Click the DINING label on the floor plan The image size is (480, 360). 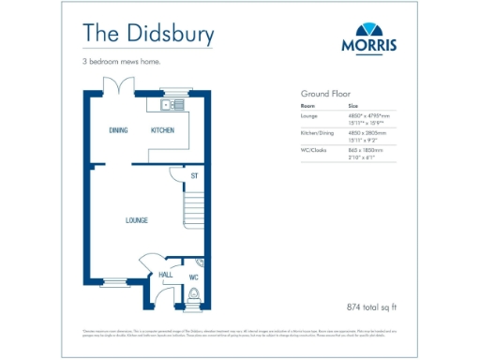(x=117, y=131)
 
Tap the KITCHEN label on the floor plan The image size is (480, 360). (x=162, y=131)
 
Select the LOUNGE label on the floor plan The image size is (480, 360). (x=137, y=220)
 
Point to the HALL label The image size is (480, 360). (x=164, y=275)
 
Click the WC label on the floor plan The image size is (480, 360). (x=193, y=277)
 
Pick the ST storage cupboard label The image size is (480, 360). (x=194, y=175)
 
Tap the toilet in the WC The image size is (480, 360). (x=193, y=295)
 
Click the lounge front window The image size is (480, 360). (x=115, y=281)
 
